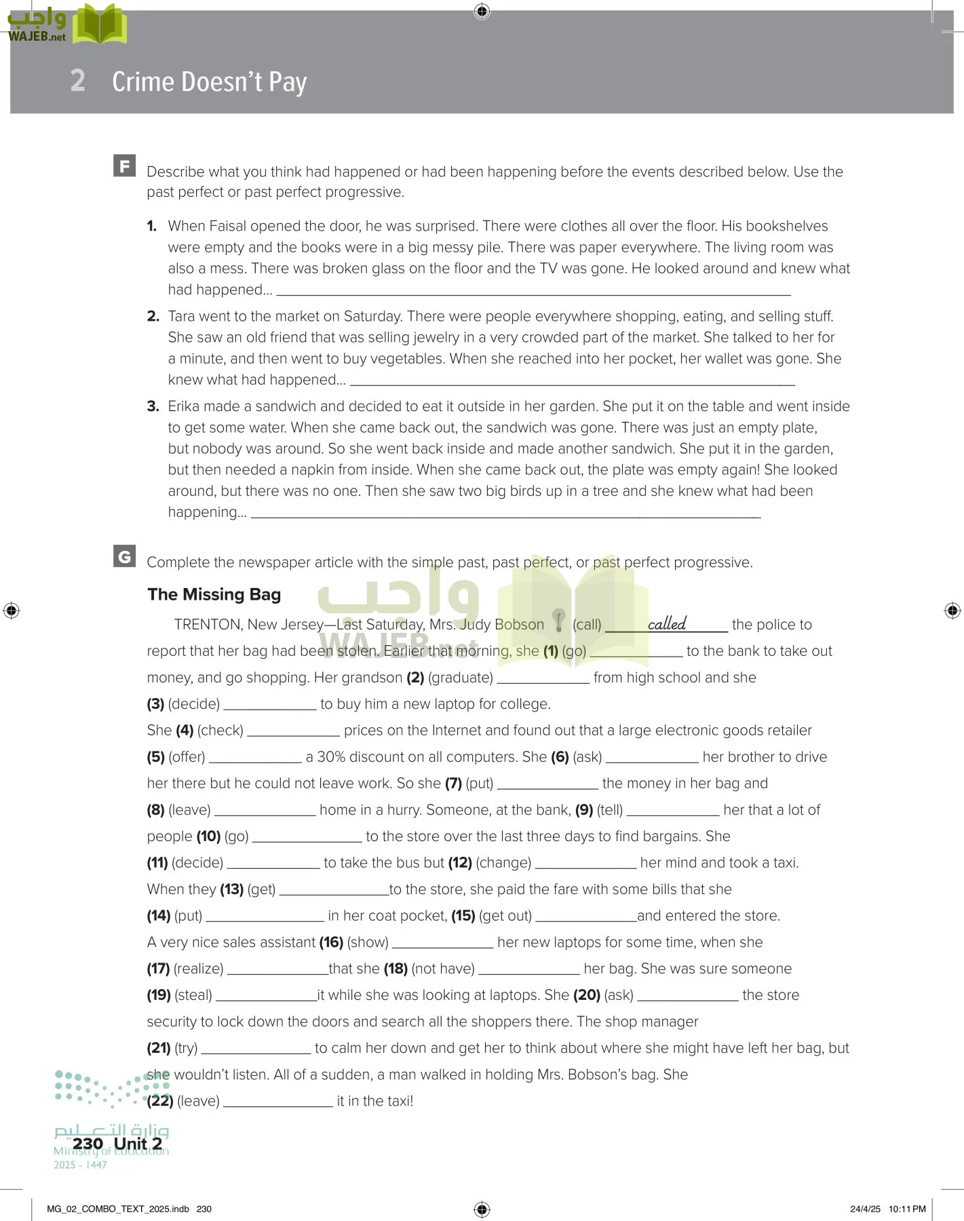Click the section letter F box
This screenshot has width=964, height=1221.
(124, 166)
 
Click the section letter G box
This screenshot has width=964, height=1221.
(124, 556)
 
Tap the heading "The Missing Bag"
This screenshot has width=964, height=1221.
(214, 594)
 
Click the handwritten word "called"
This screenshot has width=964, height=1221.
(666, 623)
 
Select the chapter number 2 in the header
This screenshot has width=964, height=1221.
(78, 81)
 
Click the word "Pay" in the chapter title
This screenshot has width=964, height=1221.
(288, 83)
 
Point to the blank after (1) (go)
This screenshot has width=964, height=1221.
(636, 652)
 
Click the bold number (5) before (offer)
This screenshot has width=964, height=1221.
(155, 757)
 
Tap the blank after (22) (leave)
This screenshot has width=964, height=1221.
(278, 1102)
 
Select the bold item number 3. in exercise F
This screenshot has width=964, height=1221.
(153, 406)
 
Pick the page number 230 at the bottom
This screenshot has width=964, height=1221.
(88, 1144)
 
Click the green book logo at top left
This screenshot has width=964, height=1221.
(100, 25)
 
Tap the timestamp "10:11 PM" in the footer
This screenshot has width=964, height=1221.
(906, 1209)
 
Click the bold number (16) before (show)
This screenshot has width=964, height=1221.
(331, 942)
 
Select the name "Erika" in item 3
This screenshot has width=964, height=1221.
(184, 406)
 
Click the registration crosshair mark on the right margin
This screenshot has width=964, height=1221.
(952, 610)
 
